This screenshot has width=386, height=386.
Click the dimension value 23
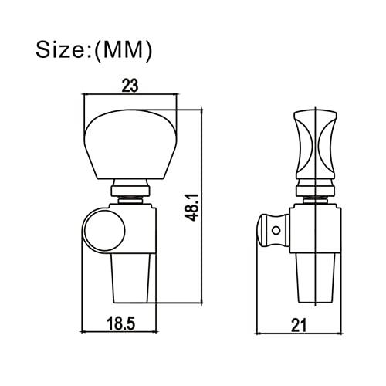[130, 86]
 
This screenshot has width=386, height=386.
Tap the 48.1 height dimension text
[192, 208]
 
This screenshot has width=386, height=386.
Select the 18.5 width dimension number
[121, 323]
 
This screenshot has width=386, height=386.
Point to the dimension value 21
[299, 325]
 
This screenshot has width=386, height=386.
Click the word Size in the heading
[62, 49]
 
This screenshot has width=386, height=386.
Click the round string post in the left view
[104, 230]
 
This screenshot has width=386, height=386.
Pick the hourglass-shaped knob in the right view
[315, 145]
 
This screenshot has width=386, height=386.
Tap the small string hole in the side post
[276, 230]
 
